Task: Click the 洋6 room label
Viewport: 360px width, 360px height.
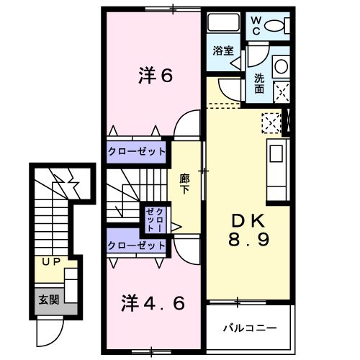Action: pos(156,76)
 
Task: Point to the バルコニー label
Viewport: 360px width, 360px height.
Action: pos(249,328)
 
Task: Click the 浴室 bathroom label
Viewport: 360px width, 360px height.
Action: pos(222,50)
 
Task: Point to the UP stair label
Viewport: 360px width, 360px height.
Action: pos(50,261)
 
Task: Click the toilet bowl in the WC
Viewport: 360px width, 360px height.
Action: pos(276,26)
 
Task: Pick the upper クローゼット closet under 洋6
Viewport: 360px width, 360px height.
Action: pos(137,152)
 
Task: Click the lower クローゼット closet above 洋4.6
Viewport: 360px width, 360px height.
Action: pos(137,246)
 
